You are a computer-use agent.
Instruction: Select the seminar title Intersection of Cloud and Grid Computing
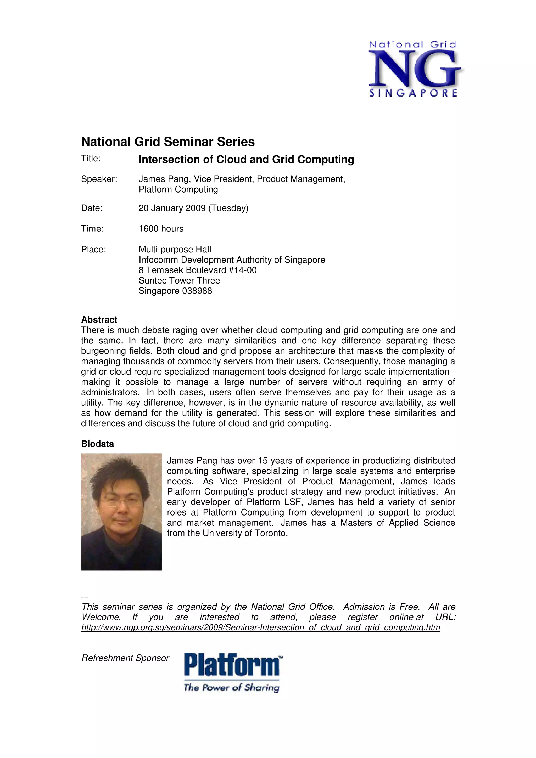coord(246,160)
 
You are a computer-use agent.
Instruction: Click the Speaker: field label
coord(99,179)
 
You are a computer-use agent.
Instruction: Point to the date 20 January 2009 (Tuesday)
coord(193,208)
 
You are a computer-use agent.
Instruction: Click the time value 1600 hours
coord(161,229)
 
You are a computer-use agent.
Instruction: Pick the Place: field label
coord(93,250)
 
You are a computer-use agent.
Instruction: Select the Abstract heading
coord(99,320)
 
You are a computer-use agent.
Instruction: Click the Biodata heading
coord(97,444)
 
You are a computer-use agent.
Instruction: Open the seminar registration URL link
coord(260,627)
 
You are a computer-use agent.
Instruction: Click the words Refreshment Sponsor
coord(125,658)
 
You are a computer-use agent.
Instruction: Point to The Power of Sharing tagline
coord(232,688)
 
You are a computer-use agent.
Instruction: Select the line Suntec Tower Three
coord(179,281)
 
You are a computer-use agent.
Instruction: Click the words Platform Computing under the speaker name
coord(178,189)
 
